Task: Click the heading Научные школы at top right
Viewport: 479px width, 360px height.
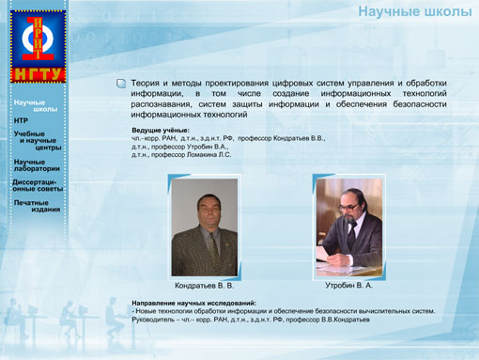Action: pyautogui.click(x=413, y=12)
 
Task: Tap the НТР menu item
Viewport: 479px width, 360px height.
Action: pyautogui.click(x=22, y=121)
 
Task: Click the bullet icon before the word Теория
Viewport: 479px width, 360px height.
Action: pyautogui.click(x=121, y=84)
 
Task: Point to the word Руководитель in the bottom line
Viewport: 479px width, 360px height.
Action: pyautogui.click(x=158, y=320)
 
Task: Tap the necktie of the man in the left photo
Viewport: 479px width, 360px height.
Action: pyautogui.click(x=212, y=246)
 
